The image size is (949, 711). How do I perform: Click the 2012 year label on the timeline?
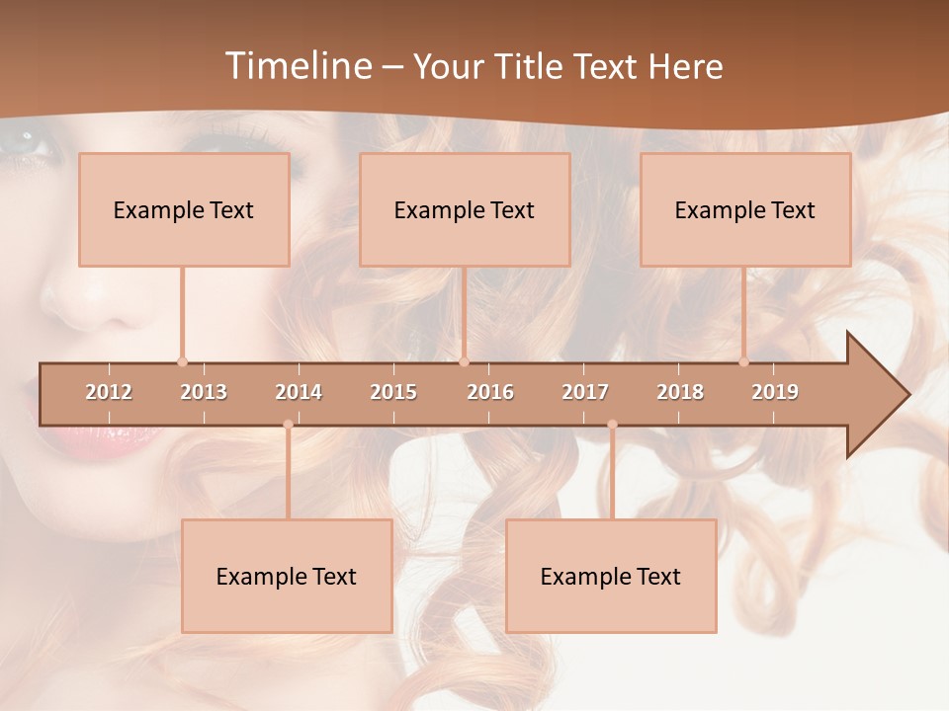[x=109, y=392]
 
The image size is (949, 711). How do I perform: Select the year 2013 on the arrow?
[x=204, y=392]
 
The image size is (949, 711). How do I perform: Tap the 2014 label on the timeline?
[x=299, y=392]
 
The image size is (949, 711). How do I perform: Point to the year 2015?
[x=393, y=392]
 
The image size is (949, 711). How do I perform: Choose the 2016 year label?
[x=490, y=392]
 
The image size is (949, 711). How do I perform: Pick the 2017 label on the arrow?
[x=585, y=392]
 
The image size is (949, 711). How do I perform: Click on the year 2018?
[x=680, y=392]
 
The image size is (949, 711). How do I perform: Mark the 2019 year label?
[x=775, y=392]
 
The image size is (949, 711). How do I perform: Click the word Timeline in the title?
[x=296, y=66]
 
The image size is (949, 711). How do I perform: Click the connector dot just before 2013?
[x=182, y=361]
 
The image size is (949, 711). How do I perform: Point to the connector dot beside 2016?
[x=464, y=361]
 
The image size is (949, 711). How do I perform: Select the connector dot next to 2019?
[x=744, y=361]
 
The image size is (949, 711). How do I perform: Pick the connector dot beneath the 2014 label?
[x=288, y=425]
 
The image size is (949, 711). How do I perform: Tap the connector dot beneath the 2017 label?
[x=612, y=425]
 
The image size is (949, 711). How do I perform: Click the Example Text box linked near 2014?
[x=287, y=577]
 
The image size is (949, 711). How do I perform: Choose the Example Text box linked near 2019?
[x=745, y=210]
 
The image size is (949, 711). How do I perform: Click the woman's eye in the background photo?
[x=25, y=146]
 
